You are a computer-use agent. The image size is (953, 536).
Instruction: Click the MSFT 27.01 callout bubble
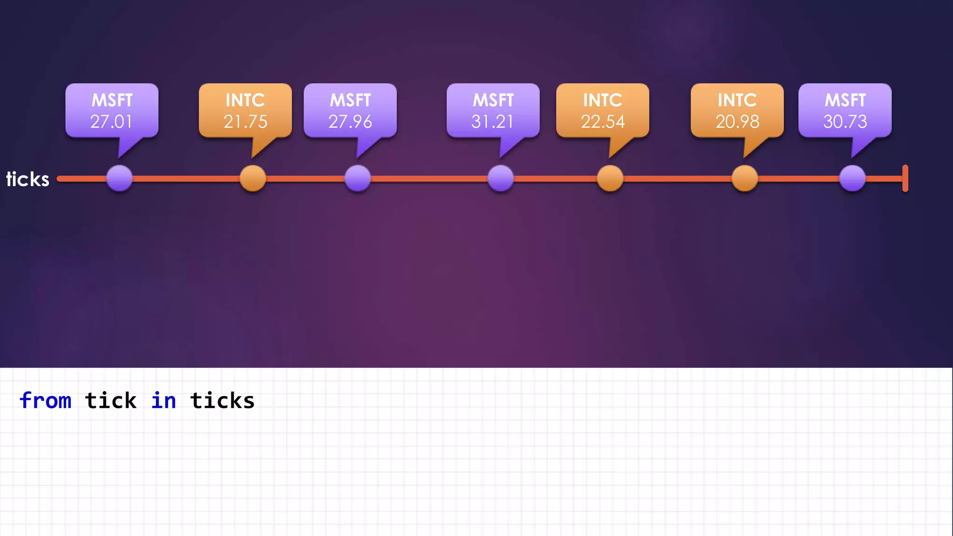[x=112, y=111]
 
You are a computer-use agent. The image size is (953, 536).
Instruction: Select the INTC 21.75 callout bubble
[x=245, y=111]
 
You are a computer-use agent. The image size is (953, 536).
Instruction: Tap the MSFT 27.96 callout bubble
[x=350, y=111]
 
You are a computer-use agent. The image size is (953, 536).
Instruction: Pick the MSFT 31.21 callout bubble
[x=493, y=111]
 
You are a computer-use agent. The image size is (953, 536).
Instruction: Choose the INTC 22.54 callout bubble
[x=603, y=111]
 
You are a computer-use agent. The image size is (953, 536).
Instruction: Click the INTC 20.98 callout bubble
[x=737, y=111]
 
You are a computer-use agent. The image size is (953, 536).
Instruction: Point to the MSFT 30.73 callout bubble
[x=845, y=111]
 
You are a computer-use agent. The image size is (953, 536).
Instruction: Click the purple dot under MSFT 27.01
[x=120, y=178]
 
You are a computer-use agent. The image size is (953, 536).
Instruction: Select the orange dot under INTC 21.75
[x=253, y=178]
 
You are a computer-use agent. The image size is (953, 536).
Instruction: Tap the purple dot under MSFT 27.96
[x=358, y=178]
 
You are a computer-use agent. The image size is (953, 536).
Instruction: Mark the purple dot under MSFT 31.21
[x=501, y=178]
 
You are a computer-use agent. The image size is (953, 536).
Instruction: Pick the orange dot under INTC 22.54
[x=610, y=178]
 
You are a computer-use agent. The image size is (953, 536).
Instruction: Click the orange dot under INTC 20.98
[x=745, y=178]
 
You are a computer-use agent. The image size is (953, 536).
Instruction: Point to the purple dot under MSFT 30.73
[x=852, y=178]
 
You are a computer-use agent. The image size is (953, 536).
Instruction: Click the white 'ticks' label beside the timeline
[x=27, y=179]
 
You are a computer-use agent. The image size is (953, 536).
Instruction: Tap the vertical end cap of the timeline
[x=905, y=178]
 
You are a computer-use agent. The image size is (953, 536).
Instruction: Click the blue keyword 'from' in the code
[x=46, y=401]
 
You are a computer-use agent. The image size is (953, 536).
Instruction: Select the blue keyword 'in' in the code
[x=164, y=401]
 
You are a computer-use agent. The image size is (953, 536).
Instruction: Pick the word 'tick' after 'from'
[x=111, y=401]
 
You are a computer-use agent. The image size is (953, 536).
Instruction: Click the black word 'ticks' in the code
[x=222, y=401]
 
